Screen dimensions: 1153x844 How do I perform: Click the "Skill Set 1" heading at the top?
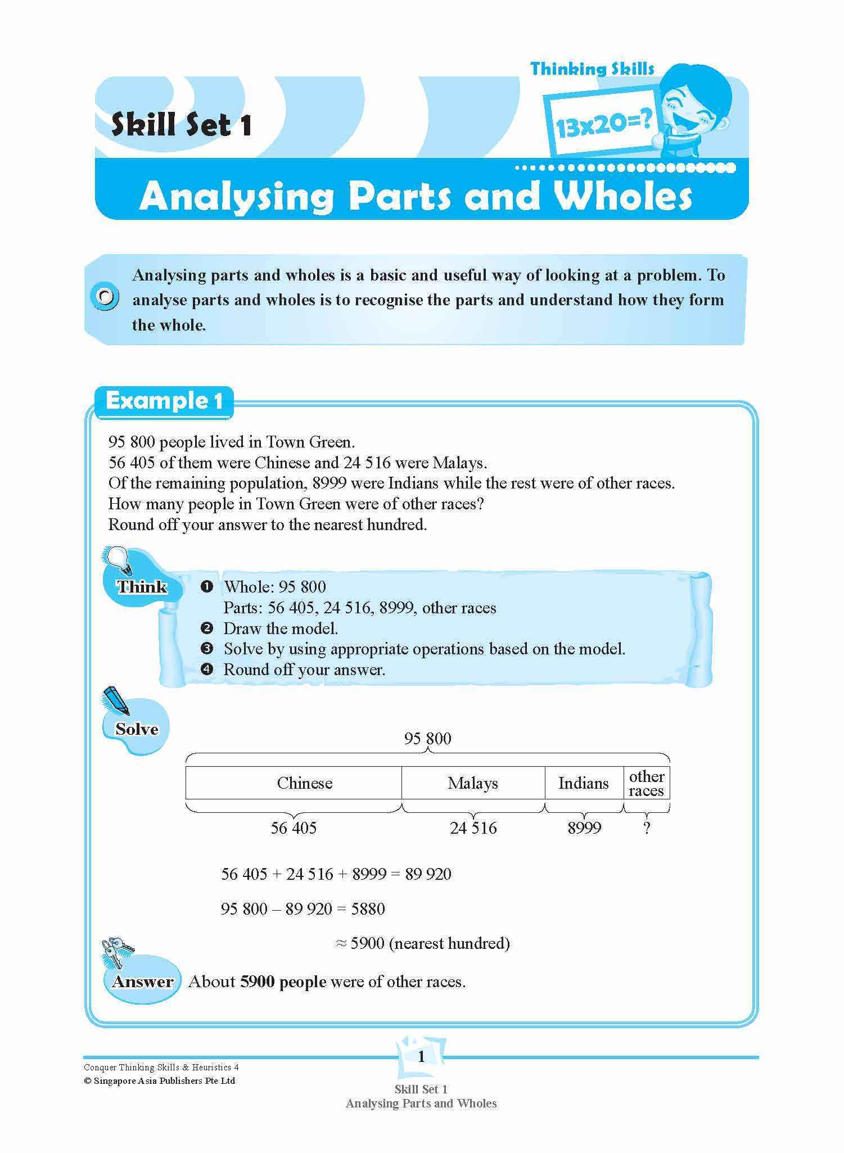click(181, 124)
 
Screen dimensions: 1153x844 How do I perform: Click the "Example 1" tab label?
click(164, 401)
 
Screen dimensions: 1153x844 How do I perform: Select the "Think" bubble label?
click(142, 587)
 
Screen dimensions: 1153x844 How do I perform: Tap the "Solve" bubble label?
click(136, 729)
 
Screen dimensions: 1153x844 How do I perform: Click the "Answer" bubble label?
click(142, 982)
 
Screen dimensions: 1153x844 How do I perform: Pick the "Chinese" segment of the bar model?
click(304, 783)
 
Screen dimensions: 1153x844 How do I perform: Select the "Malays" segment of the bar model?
click(472, 783)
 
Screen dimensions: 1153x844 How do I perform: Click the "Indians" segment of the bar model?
click(583, 783)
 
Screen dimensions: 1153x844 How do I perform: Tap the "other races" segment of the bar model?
click(647, 783)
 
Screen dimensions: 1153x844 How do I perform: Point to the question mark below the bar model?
click(647, 828)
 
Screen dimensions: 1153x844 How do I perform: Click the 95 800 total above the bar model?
click(427, 738)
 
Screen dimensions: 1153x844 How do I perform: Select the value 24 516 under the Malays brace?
click(473, 828)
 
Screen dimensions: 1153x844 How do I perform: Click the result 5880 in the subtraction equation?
click(368, 908)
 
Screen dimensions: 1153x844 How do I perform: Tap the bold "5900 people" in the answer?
click(283, 982)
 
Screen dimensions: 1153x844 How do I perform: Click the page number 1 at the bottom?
click(422, 1057)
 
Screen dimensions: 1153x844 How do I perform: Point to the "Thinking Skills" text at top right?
click(592, 69)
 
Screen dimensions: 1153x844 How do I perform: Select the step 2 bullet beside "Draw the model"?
click(207, 628)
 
